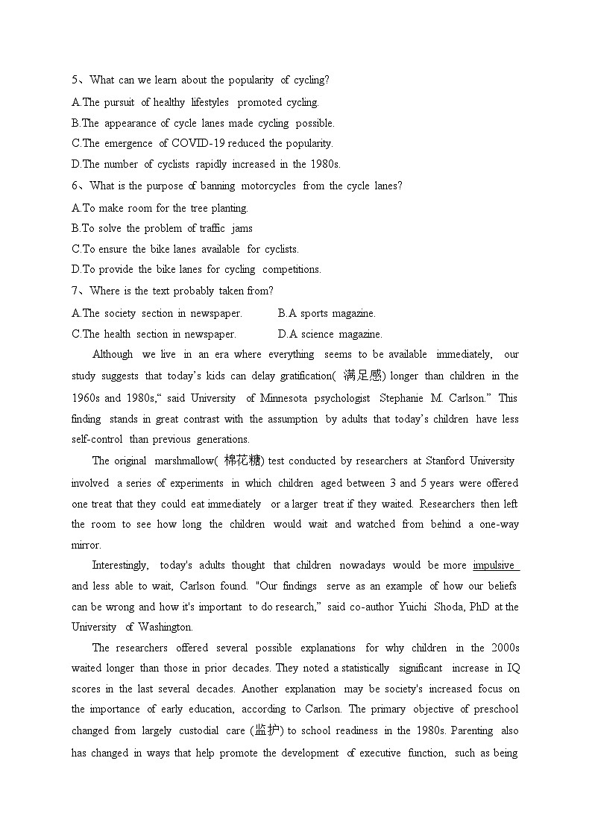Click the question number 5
coord(75,80)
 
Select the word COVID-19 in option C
coord(199,143)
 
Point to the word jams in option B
coord(242,228)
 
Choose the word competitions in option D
coord(292,269)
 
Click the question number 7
coord(75,291)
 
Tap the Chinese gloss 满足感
coord(362,376)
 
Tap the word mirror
coord(85,545)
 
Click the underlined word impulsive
coord(494,565)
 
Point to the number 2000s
coord(503,648)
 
